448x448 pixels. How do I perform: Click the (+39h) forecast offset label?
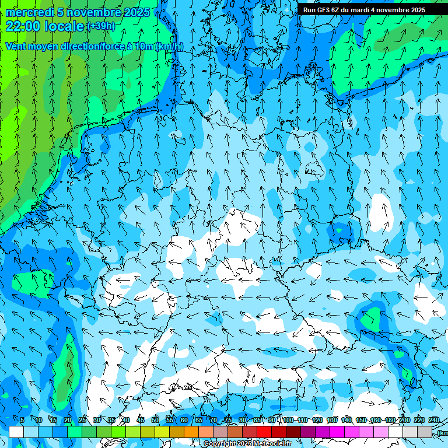click(x=101, y=26)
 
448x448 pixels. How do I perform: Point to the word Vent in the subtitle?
click(x=17, y=46)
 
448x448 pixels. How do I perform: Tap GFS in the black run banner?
click(x=325, y=10)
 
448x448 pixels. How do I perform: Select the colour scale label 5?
click(x=22, y=420)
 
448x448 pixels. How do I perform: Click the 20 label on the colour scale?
click(x=68, y=420)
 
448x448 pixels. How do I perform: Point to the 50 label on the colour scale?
click(x=155, y=420)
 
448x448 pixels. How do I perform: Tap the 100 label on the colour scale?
click(x=288, y=420)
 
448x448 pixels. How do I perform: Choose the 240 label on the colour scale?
click(x=434, y=420)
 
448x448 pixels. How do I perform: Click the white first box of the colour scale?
click(x=16, y=432)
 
